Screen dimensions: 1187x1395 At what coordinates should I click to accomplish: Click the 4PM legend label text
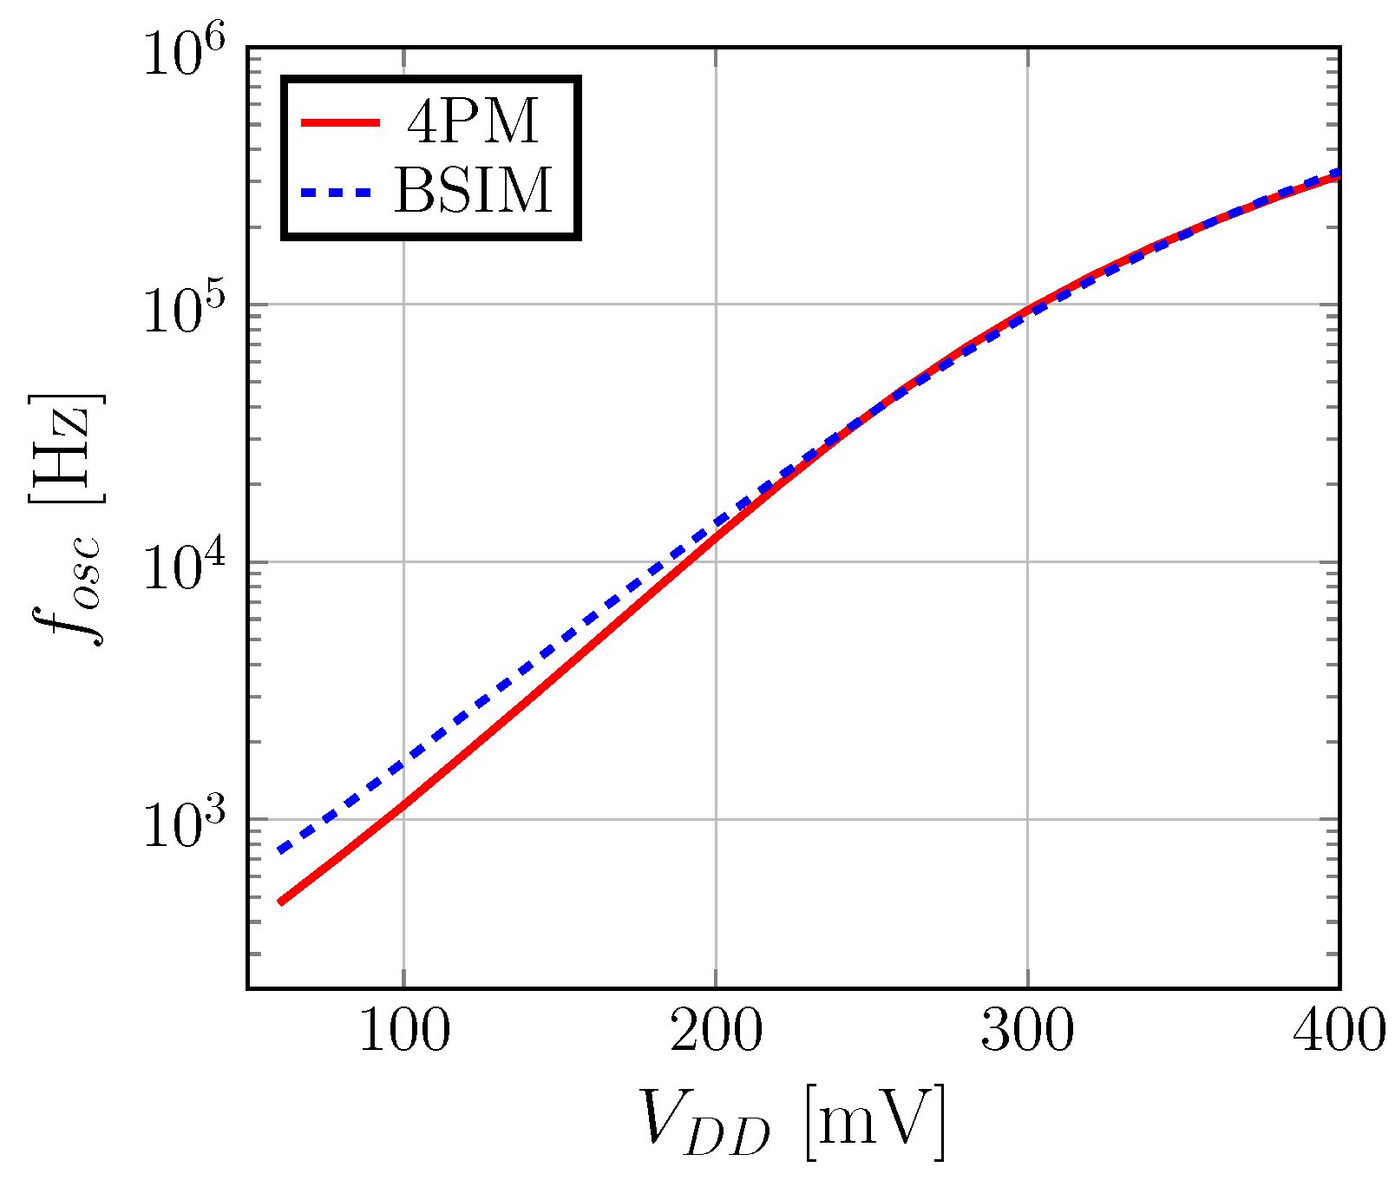(473, 122)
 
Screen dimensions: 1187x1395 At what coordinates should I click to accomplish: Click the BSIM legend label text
(473, 190)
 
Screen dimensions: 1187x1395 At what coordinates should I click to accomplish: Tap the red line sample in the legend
(340, 122)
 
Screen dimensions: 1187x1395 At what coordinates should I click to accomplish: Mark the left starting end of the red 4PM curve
(280, 902)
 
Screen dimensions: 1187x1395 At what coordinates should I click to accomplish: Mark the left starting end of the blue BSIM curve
(280, 849)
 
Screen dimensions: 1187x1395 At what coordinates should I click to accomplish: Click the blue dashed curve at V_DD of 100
(403, 764)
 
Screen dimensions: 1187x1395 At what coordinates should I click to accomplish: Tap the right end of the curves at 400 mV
(1338, 174)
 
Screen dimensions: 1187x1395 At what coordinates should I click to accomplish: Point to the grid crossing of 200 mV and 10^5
(716, 305)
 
